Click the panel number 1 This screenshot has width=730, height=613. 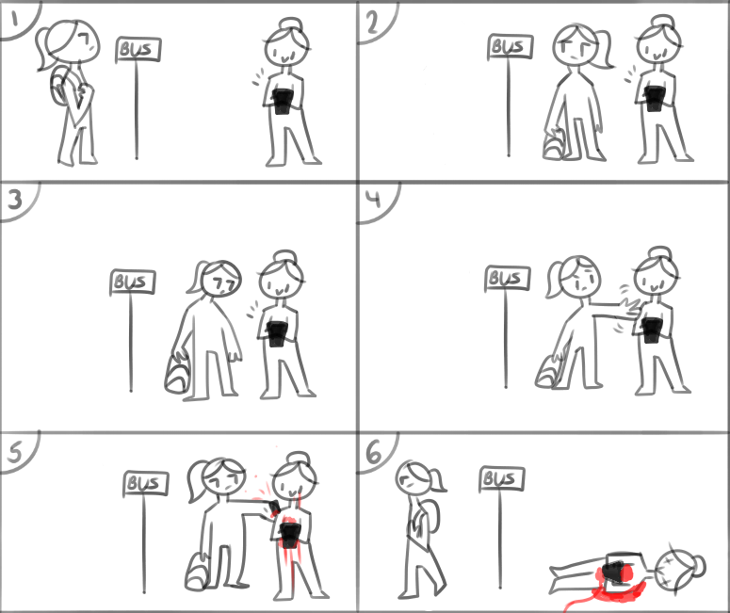[15, 20]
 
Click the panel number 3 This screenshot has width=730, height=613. [15, 200]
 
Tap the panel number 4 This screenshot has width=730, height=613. [373, 200]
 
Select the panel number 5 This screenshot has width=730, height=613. [14, 451]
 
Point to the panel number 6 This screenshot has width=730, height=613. [374, 453]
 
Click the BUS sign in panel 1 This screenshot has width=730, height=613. [138, 50]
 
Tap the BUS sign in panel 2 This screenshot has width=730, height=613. [511, 46]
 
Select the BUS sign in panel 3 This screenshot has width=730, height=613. [133, 282]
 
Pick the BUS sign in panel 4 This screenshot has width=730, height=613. [508, 279]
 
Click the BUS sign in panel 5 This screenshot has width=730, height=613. [146, 483]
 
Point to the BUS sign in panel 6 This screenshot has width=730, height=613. [502, 479]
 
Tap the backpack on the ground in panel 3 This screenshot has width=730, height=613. [177, 375]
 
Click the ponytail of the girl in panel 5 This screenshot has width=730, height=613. [198, 480]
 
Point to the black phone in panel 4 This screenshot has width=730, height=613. [652, 330]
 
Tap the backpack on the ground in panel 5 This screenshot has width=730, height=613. [197, 573]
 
